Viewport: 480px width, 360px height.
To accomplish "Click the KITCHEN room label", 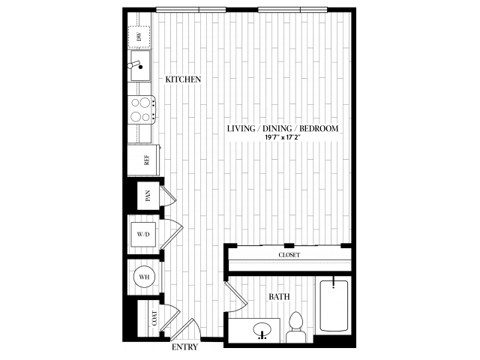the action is tap(183, 79).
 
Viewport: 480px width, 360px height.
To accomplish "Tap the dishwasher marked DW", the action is tap(139, 37).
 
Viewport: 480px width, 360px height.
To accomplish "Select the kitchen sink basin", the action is tap(140, 65).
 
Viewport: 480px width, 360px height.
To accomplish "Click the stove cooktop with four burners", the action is tap(141, 110).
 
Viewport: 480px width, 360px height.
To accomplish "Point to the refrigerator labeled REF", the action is tap(143, 160).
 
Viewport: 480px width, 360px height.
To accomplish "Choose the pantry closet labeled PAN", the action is tap(148, 196).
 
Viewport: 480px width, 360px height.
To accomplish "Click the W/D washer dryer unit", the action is tap(143, 235).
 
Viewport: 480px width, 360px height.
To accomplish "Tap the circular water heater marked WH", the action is tap(144, 277).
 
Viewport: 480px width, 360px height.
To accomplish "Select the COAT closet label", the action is tap(154, 318).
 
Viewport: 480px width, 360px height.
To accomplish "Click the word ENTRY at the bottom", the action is tap(184, 347).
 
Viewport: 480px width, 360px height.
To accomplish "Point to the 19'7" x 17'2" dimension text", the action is tap(283, 137).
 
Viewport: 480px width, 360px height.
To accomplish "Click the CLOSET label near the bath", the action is tap(289, 255).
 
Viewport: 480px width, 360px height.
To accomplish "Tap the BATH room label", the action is tap(279, 297).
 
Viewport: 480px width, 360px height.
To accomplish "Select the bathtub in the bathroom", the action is tap(334, 305).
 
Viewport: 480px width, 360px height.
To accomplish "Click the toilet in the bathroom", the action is tap(296, 327).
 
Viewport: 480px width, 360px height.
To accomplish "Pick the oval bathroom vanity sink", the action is tap(262, 330).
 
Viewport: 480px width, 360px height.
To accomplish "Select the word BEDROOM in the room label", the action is tap(319, 128).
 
